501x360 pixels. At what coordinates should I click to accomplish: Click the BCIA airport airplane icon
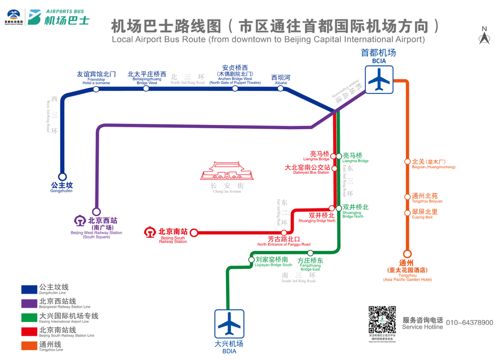(x=379, y=79)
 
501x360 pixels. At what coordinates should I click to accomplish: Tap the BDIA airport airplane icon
(x=229, y=323)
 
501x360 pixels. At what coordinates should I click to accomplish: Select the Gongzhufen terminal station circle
(x=62, y=177)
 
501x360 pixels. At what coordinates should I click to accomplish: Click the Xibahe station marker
(x=280, y=88)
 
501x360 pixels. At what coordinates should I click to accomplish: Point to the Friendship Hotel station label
(x=96, y=77)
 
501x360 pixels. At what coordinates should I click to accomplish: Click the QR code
(x=382, y=320)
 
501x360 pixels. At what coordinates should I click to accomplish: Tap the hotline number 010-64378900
(x=470, y=323)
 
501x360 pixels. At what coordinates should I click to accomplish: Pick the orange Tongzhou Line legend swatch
(x=29, y=346)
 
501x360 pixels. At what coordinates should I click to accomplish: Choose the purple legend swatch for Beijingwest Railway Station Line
(x=29, y=303)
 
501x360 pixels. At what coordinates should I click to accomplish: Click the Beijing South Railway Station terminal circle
(x=194, y=233)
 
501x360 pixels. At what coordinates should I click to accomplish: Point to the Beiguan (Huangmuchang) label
(x=433, y=164)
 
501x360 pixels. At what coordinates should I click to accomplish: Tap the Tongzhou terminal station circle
(x=407, y=254)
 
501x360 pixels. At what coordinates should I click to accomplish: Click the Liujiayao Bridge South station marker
(x=251, y=260)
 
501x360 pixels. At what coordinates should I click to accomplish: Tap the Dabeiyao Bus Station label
(x=307, y=169)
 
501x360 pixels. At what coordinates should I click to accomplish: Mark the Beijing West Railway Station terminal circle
(x=96, y=212)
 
